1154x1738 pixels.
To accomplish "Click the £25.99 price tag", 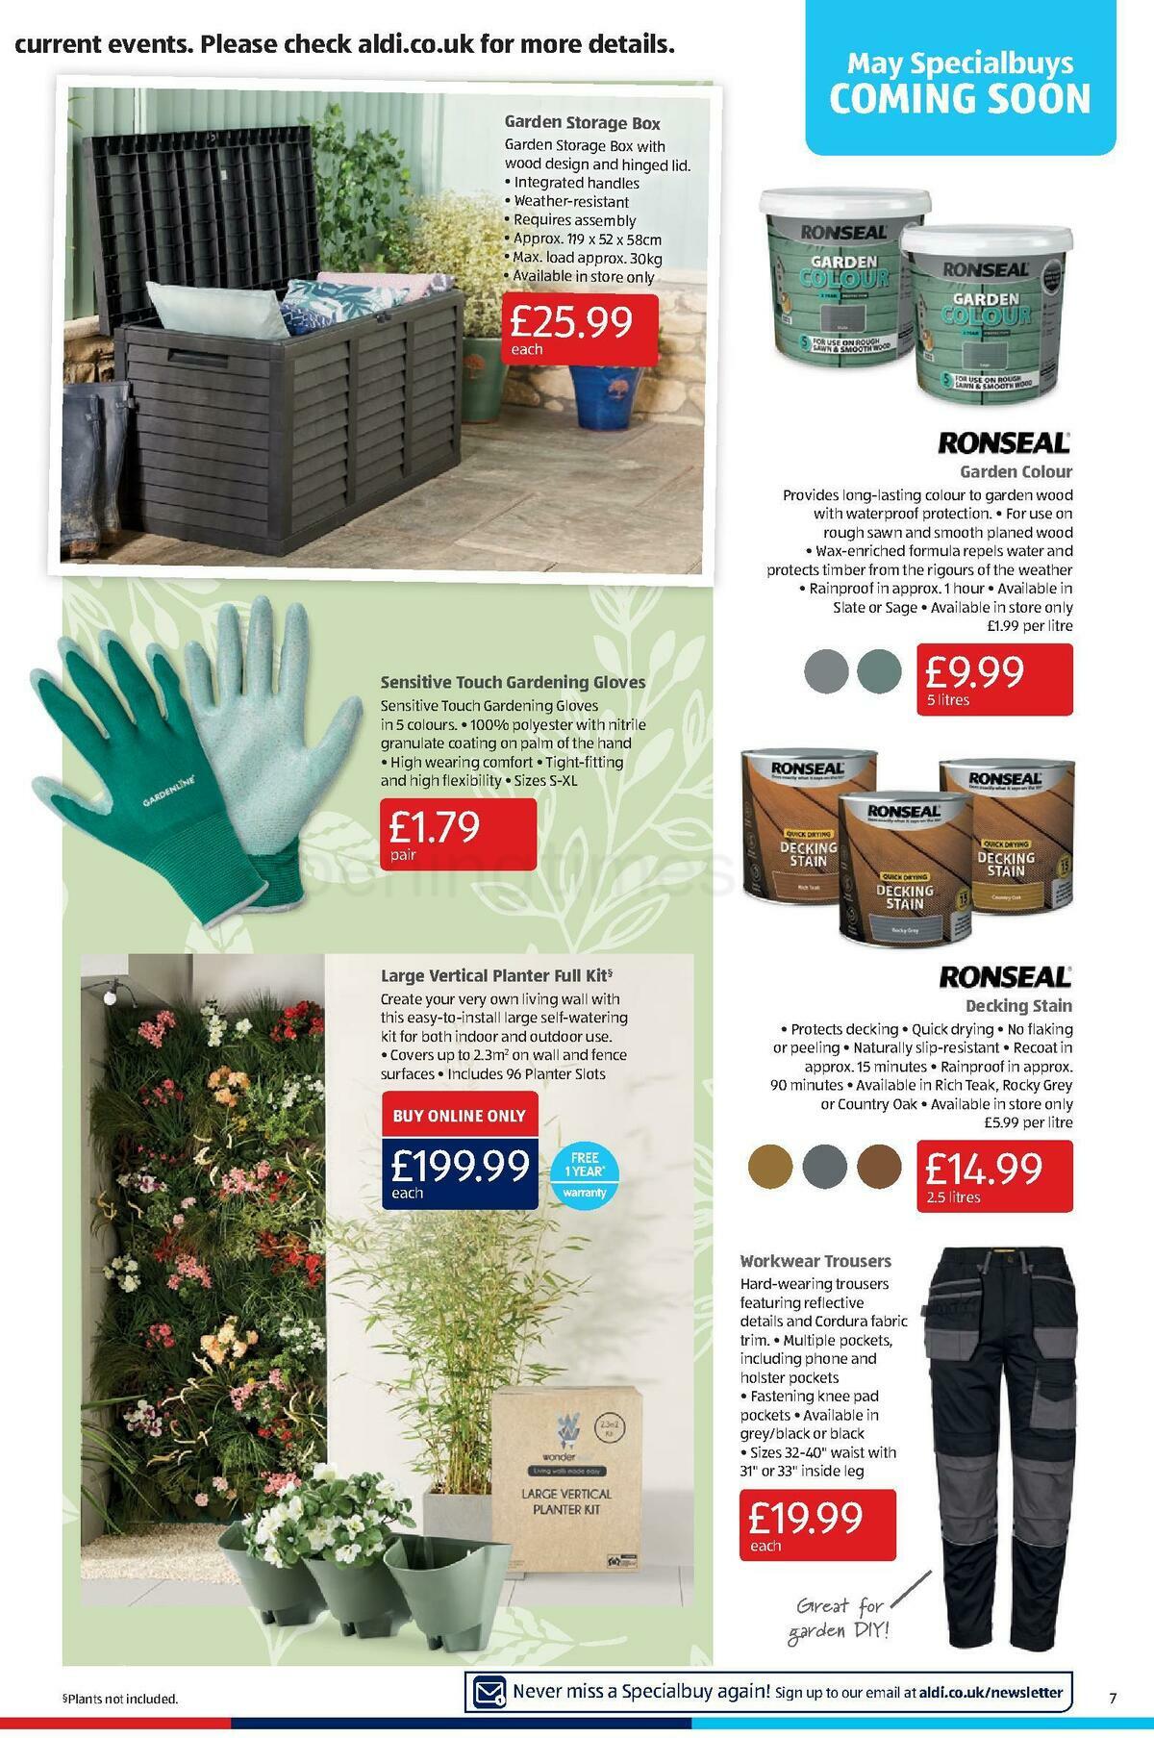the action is click(x=579, y=328).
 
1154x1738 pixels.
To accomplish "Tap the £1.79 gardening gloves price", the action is click(x=458, y=833).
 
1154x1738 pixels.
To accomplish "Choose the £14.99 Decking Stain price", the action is click(x=993, y=1175).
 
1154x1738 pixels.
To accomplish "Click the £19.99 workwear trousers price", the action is click(x=816, y=1524).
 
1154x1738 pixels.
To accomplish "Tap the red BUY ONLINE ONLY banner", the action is click(x=460, y=1116).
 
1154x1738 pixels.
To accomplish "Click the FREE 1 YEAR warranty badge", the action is click(x=585, y=1174).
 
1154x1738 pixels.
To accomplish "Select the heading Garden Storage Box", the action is click(x=582, y=123).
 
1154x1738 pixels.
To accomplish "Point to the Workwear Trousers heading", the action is click(x=815, y=1261).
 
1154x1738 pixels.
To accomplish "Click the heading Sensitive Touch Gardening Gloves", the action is click(x=513, y=682).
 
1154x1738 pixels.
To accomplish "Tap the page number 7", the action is click(x=1112, y=1699).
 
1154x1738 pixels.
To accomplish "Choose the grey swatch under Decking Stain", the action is click(x=824, y=1167).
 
